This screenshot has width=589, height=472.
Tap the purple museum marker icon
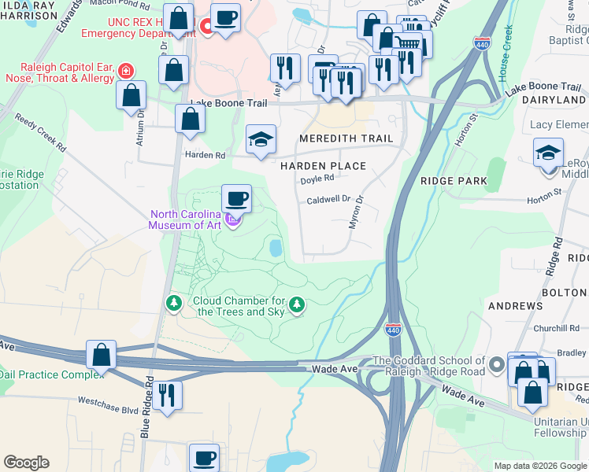tap(232, 219)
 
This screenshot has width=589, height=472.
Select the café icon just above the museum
tap(236, 197)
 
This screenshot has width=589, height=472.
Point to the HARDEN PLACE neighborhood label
tap(324, 166)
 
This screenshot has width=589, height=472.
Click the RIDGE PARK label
tap(454, 180)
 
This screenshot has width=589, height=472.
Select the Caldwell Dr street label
tap(328, 200)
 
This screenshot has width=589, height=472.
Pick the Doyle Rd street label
tap(318, 179)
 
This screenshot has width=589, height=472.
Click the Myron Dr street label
tap(356, 213)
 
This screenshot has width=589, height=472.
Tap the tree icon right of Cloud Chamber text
tap(296, 304)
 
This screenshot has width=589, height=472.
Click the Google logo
tap(26, 463)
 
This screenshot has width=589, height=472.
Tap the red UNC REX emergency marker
tap(207, 27)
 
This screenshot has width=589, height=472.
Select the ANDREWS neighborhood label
tap(515, 305)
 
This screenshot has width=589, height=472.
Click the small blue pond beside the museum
tap(276, 249)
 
